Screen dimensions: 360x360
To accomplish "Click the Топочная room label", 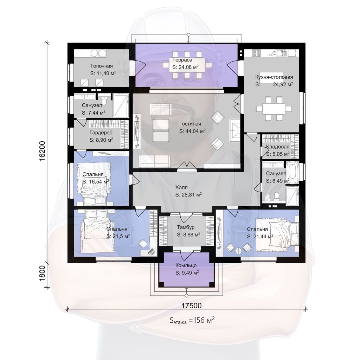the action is click(101, 66).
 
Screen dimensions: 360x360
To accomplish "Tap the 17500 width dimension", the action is click(192, 306).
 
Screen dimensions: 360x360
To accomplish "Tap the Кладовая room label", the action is click(278, 147).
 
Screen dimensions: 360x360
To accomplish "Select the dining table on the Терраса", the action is click(187, 65).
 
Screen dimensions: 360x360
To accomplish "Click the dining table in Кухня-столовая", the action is click(274, 108).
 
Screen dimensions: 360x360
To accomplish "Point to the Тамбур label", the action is click(186, 227).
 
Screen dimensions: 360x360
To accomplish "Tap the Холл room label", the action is click(181, 187).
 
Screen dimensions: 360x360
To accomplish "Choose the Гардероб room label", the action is click(101, 133).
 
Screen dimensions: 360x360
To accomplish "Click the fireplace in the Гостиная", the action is click(234, 130).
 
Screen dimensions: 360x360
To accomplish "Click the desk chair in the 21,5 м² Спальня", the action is click(143, 243).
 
